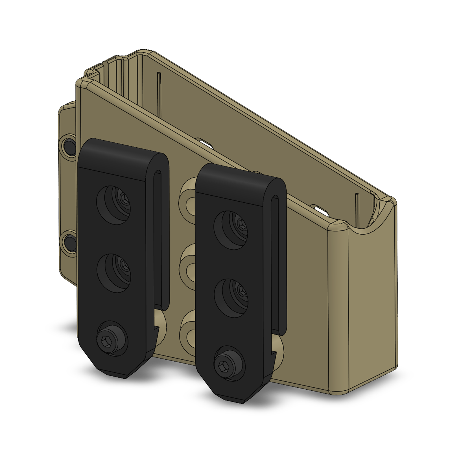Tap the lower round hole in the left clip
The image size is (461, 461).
point(114,273)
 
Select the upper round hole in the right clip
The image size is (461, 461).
point(231,230)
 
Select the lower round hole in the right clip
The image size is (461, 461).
point(231,298)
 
